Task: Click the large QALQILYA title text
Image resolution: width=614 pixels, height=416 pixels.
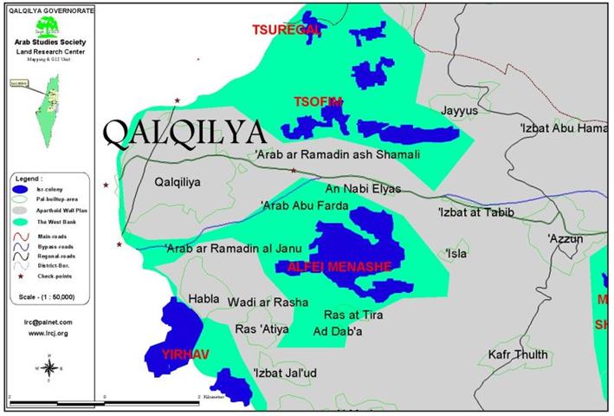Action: [x=183, y=132]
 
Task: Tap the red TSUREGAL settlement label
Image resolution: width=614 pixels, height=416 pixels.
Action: [x=286, y=29]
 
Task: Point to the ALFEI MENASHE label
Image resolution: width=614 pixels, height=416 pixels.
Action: [x=344, y=266]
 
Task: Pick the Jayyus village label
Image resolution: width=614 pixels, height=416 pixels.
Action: [x=459, y=112]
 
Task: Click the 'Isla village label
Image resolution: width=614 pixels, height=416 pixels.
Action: [x=456, y=254]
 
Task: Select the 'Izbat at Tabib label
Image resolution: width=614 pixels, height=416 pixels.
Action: [x=475, y=212]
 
